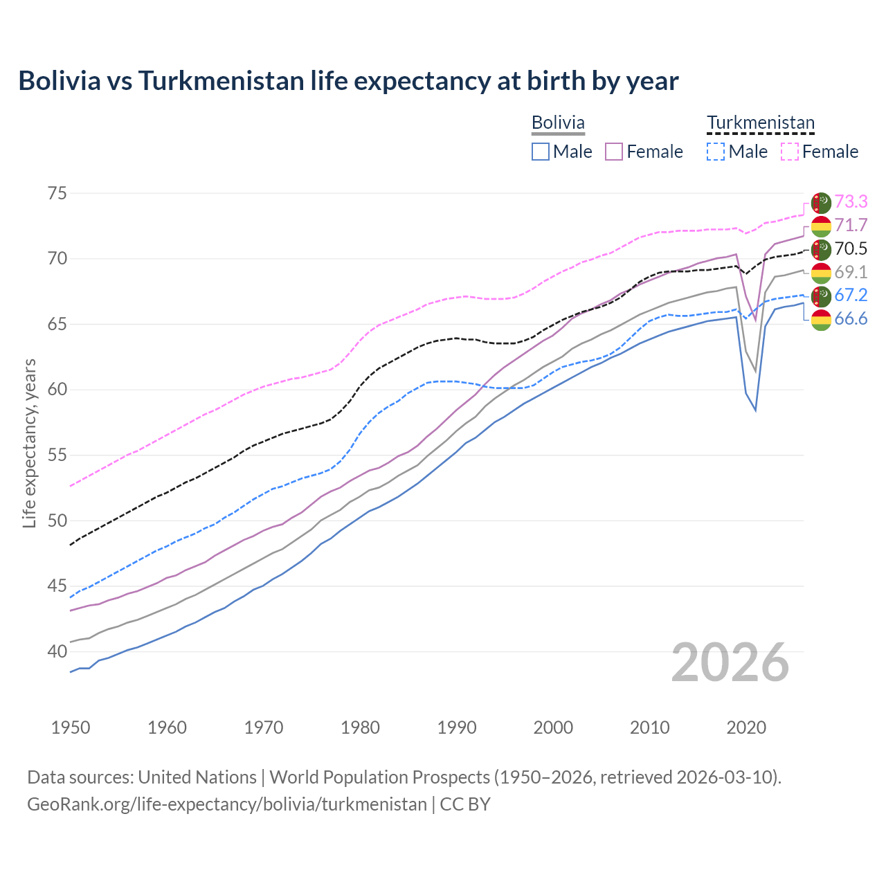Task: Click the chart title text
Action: click(348, 81)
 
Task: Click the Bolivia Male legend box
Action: click(541, 152)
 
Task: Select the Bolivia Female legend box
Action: click(614, 152)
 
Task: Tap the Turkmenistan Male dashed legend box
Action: click(716, 152)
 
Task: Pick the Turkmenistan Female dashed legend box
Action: click(789, 152)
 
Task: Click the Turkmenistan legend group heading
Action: click(761, 123)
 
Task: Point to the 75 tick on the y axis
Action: click(57, 193)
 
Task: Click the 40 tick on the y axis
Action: click(57, 651)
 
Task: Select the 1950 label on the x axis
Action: click(71, 727)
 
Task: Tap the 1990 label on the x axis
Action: click(457, 727)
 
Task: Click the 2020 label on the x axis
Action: click(746, 727)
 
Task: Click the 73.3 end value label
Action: click(851, 201)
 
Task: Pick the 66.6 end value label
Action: click(851, 319)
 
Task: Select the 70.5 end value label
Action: click(851, 248)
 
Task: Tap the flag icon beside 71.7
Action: click(821, 226)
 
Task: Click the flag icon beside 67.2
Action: click(821, 296)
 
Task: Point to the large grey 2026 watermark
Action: click(730, 662)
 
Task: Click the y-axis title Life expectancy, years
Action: click(29, 443)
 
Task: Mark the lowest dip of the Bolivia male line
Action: click(755, 410)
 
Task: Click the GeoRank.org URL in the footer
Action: click(226, 804)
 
